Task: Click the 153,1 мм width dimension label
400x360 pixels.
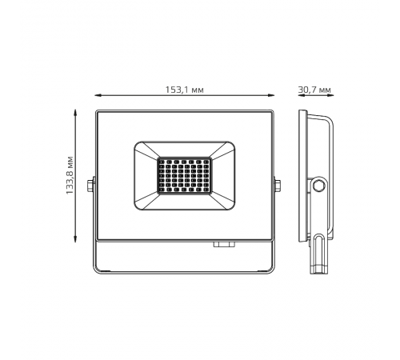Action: (x=185, y=90)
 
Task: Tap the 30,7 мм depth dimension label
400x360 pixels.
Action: (x=314, y=90)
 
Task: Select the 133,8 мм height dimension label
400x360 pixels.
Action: (x=70, y=175)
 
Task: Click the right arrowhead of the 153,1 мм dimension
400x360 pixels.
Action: (x=271, y=95)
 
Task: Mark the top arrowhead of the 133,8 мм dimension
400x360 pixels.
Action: (x=75, y=112)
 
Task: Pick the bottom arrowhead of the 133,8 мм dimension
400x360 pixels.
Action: (x=75, y=239)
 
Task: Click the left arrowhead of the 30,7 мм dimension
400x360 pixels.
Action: (x=301, y=95)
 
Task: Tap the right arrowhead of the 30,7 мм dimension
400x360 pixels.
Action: (x=330, y=95)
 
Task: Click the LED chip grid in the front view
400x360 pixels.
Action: (x=184, y=176)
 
